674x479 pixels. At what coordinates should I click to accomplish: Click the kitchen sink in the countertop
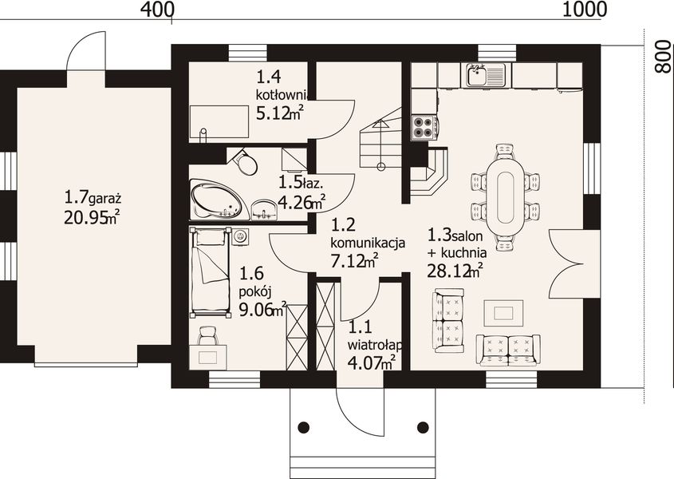coord(485,75)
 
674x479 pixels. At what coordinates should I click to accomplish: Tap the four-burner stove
coord(424,128)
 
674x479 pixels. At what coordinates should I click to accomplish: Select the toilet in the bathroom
coord(245,162)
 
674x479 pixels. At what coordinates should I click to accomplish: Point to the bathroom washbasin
coord(263,210)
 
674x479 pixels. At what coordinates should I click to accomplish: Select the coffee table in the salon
coord(503,313)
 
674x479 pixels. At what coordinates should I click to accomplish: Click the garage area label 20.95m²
coord(92,217)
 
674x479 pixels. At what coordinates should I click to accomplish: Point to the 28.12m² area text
coord(455,270)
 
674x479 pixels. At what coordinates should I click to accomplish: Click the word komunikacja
coord(368,243)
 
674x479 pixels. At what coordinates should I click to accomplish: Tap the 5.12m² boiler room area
coord(280,113)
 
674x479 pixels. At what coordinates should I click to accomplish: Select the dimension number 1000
coord(585,9)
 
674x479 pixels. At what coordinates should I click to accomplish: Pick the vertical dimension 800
coord(664,57)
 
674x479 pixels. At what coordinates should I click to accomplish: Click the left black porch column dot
coord(303,427)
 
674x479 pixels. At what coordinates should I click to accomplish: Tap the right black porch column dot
coord(423,427)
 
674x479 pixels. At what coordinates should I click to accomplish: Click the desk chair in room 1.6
coord(208,335)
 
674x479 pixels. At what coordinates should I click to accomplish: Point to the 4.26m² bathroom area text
coord(302,201)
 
